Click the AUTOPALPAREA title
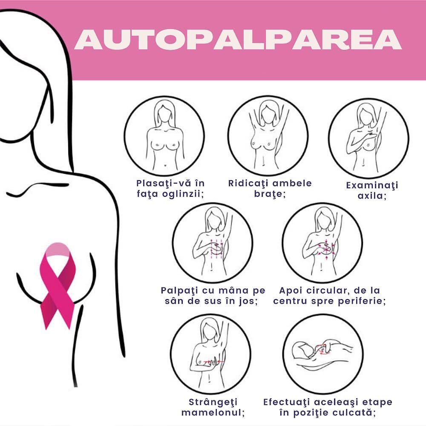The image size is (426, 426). point(238,40)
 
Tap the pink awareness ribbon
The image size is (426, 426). point(58,285)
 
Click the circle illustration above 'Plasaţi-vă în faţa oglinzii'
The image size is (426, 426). point(164,136)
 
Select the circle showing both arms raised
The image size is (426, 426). point(268,136)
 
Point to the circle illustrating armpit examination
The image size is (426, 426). point(368,138)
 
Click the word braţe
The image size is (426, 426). point(270,194)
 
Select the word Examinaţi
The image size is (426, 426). point(372,185)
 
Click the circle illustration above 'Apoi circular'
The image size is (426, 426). point(322,243)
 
